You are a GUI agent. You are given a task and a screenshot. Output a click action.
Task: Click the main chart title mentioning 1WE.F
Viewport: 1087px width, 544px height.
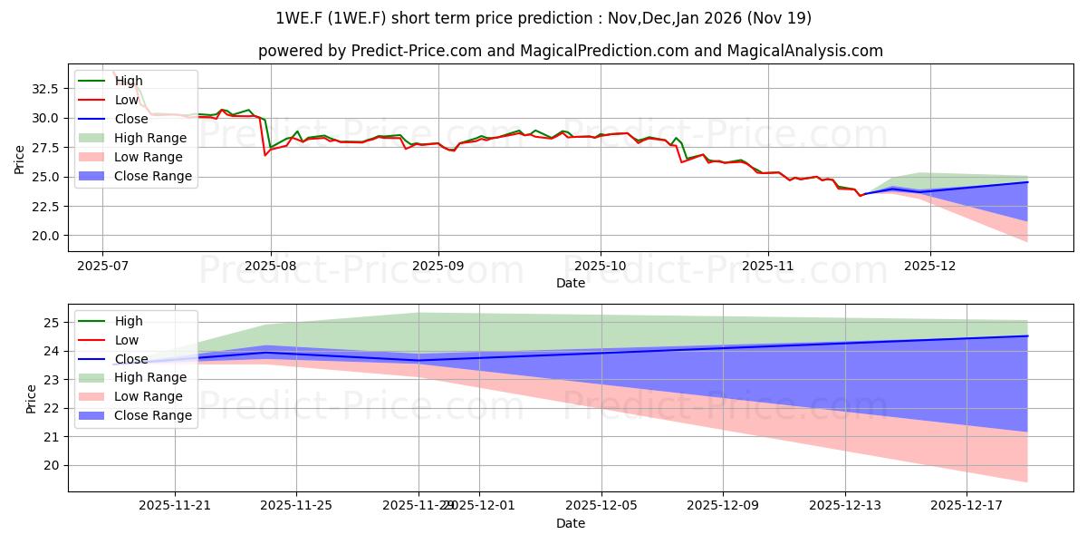coord(543,18)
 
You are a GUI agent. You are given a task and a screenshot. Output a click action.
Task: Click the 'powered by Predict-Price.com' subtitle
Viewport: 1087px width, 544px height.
coord(571,51)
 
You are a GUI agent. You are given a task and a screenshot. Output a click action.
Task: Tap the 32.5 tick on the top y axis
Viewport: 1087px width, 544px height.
coord(44,89)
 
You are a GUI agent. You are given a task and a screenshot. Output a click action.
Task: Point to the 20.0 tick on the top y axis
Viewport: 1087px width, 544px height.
coord(44,236)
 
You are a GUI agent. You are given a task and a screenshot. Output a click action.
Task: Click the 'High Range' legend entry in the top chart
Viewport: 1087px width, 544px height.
coord(149,138)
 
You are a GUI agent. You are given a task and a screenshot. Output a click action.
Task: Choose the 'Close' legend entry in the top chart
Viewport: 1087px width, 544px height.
coord(132,119)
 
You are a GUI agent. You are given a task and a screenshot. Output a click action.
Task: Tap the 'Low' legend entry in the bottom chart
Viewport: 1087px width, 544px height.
coord(127,340)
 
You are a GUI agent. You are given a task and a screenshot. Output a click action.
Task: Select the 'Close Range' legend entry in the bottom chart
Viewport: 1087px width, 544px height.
coord(153,415)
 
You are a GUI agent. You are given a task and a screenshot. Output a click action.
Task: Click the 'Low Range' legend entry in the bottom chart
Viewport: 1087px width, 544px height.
coord(149,396)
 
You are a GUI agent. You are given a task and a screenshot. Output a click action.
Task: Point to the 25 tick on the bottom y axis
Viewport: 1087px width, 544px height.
coord(53,323)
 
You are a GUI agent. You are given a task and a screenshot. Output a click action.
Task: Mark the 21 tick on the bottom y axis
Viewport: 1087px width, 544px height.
coord(53,437)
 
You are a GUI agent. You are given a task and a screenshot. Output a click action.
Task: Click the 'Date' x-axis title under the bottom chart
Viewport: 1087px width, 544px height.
coord(571,524)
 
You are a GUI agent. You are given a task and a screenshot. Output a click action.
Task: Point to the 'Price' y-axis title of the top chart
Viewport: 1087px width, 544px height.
coord(20,159)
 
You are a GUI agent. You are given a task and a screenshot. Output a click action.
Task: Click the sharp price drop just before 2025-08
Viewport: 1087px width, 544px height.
coord(265,145)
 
